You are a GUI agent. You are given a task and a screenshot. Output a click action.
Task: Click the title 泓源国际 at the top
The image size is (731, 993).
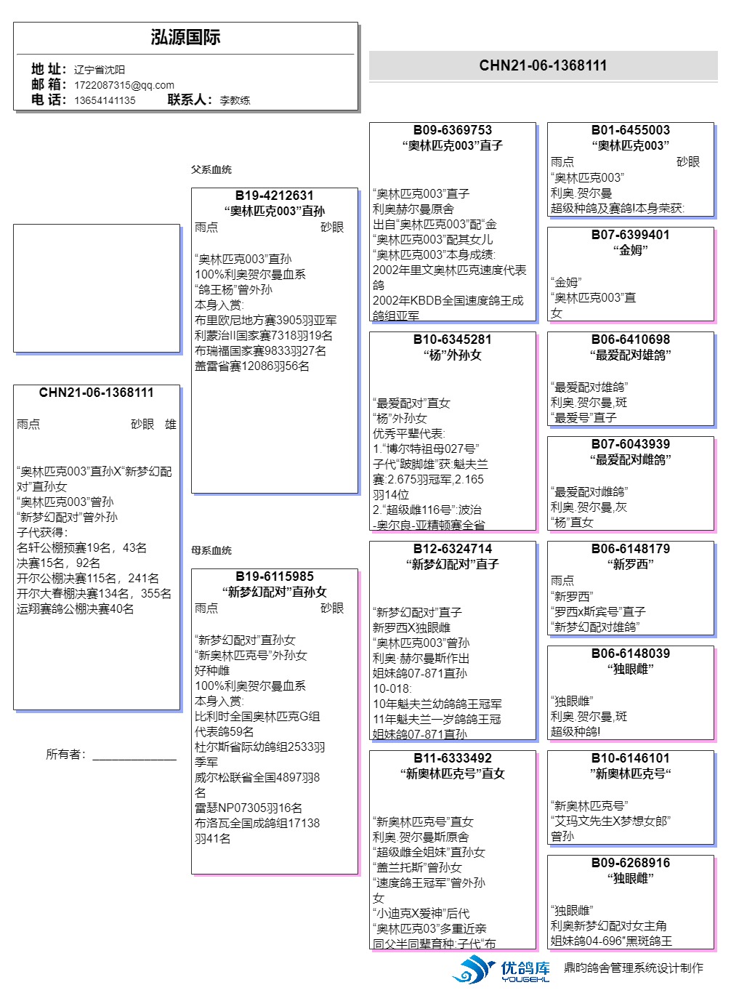(x=185, y=38)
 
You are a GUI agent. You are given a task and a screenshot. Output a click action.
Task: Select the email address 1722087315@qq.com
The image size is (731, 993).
(x=124, y=85)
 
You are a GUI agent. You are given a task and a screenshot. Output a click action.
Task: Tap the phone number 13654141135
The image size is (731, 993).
(x=105, y=100)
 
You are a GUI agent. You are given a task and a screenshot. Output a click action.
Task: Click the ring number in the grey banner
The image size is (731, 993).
(x=543, y=65)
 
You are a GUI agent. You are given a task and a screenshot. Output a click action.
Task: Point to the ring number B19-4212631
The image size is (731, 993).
(x=274, y=196)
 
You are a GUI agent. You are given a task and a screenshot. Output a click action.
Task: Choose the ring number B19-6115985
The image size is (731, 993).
(x=274, y=576)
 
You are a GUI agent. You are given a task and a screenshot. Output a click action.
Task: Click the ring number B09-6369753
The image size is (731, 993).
(x=452, y=130)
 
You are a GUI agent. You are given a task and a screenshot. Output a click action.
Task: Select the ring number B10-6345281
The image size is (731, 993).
(x=452, y=339)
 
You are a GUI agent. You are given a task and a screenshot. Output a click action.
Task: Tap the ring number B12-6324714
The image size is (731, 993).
(x=452, y=549)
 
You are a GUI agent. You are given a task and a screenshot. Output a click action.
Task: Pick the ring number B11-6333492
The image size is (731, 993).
(x=452, y=758)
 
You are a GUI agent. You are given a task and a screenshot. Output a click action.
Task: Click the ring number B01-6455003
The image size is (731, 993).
(x=630, y=130)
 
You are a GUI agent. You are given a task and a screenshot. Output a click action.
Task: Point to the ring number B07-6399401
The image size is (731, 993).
(x=630, y=235)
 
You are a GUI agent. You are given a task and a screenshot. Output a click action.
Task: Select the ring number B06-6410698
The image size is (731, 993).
(x=630, y=339)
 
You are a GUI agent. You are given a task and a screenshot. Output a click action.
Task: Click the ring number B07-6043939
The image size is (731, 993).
(x=630, y=444)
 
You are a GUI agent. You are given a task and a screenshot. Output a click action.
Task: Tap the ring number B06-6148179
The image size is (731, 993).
(x=630, y=549)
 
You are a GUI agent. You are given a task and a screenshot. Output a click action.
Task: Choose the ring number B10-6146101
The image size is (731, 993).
(x=630, y=758)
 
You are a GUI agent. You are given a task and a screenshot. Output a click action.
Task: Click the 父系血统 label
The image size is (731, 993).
(x=211, y=169)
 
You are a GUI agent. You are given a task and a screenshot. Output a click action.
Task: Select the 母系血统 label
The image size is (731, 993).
(x=211, y=550)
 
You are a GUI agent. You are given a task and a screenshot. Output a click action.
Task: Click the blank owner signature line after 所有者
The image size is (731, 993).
(x=134, y=756)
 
